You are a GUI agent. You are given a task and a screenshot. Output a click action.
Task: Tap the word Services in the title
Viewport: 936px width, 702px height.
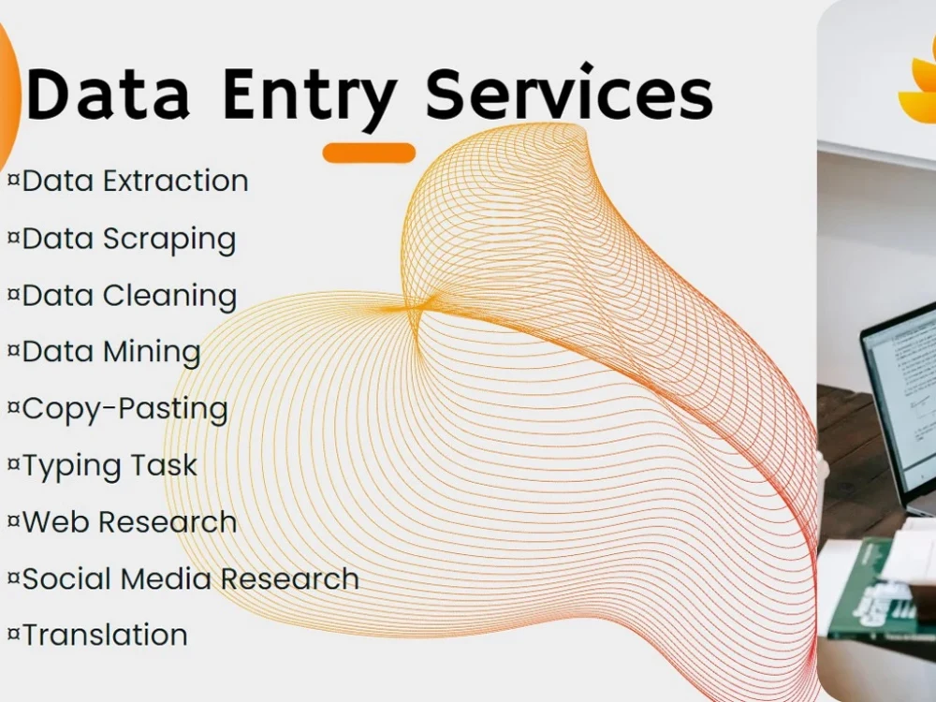point(569,95)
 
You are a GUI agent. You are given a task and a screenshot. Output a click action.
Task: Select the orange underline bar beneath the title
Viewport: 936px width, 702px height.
point(369,153)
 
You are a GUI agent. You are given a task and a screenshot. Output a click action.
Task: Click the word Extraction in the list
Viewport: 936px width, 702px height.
point(176,181)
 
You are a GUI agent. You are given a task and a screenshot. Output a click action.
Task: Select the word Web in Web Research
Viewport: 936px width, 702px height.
point(56,521)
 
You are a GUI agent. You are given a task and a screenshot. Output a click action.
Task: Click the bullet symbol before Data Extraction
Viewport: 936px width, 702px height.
point(13,181)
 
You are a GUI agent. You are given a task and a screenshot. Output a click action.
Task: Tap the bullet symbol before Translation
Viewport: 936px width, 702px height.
point(13,636)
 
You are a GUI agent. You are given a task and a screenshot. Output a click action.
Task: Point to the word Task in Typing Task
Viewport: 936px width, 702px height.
point(164,465)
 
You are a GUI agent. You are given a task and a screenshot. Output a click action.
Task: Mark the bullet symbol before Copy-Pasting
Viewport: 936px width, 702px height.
point(13,409)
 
